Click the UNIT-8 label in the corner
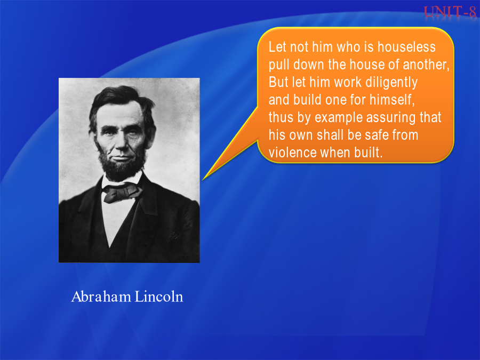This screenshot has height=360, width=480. point(450,12)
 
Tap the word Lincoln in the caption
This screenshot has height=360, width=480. point(159,297)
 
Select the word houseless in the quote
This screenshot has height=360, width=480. point(406,47)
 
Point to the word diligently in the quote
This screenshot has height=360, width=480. point(391,83)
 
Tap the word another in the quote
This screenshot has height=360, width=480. point(426,65)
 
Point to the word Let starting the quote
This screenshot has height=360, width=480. point(278,47)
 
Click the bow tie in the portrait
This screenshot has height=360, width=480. point(123,192)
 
